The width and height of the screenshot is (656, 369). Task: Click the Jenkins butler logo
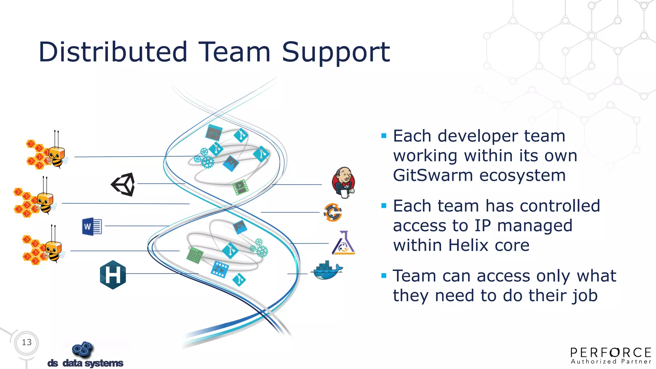pos(343,181)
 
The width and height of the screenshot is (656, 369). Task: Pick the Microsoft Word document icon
pos(92,226)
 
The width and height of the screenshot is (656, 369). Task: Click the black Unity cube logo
pos(123,184)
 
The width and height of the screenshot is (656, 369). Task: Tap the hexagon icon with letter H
pos(113,275)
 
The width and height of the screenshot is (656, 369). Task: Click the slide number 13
pos(27,342)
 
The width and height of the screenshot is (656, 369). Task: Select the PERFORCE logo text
pos(611,353)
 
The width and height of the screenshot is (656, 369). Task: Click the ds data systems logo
pos(85,355)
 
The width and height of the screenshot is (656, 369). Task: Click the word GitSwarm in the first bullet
pos(433,176)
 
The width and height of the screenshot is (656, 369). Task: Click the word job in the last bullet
pos(585,295)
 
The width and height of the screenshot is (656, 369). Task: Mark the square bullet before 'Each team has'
pos(384,206)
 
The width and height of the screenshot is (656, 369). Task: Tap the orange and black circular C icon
pos(333,212)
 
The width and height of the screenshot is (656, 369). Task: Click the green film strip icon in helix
pos(240,187)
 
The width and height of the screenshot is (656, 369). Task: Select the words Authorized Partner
pos(611,362)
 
